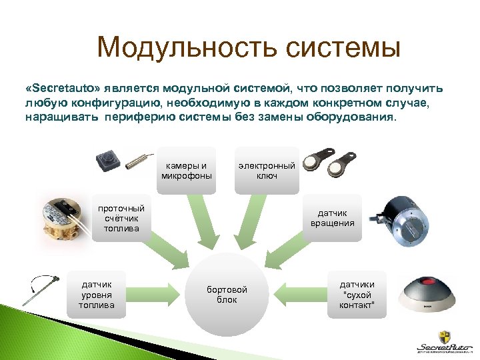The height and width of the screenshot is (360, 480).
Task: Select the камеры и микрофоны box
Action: (187, 171)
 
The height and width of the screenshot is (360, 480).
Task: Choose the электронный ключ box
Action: (267, 171)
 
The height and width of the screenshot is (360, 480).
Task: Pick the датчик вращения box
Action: (332, 218)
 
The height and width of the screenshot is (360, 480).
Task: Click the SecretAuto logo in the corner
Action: (443, 340)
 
